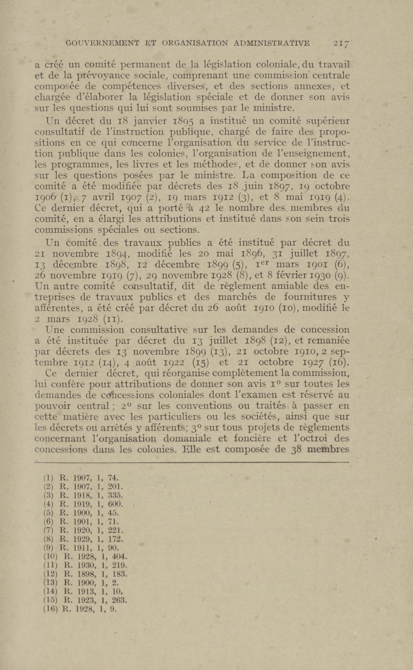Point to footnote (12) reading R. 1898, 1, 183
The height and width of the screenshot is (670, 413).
pos(85,574)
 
